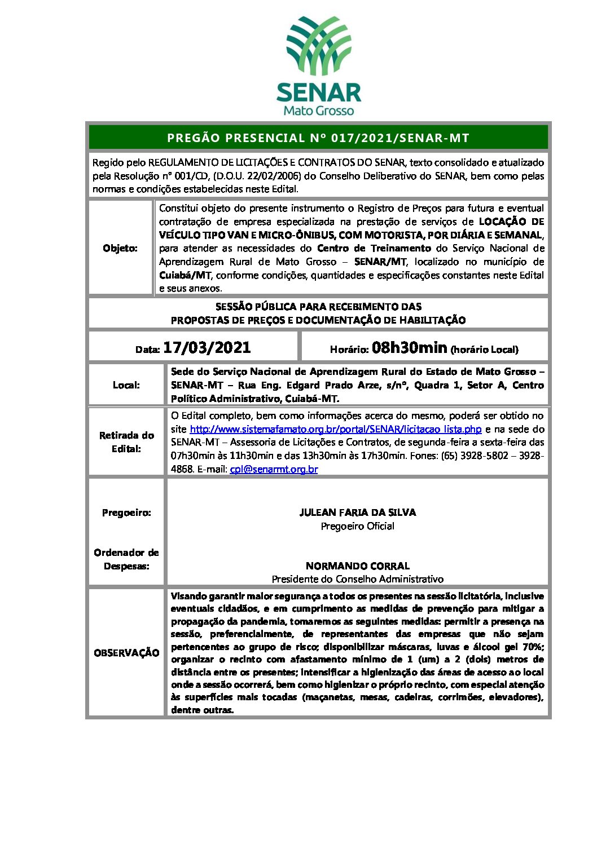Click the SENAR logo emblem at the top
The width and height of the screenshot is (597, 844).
319,47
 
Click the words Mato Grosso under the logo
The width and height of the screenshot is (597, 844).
318,111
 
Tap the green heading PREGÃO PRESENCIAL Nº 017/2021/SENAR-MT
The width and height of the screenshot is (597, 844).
318,138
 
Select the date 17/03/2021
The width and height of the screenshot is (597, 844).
207,347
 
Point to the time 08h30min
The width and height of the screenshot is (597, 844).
409,347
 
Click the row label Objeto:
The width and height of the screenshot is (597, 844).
120,248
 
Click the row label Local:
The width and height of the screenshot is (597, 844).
126,385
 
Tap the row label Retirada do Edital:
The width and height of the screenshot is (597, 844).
126,442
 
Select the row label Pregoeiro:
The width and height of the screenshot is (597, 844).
126,512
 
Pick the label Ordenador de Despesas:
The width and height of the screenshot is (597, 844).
126,559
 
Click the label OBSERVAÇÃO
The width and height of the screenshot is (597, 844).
126,653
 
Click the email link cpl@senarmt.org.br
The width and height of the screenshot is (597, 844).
274,469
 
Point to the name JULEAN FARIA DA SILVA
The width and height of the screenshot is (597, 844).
357,512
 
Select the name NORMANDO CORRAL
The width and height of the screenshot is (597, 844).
357,565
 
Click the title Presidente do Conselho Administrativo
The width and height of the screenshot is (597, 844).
357,579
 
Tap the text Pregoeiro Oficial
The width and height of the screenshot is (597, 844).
357,526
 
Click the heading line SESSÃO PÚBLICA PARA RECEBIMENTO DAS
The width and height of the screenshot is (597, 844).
318,307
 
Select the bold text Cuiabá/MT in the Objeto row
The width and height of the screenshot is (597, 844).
185,275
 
